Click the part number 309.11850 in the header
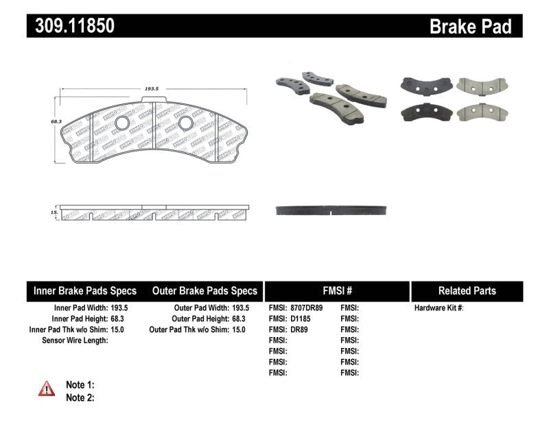pyautogui.click(x=70, y=26)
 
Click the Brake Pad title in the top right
pyautogui.click(x=470, y=26)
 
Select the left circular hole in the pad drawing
pyautogui.click(x=122, y=123)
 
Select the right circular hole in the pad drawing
pyautogui.click(x=185, y=123)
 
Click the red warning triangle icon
pyautogui.click(x=46, y=389)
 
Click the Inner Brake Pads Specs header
pyautogui.click(x=85, y=290)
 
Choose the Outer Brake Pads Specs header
pyautogui.click(x=204, y=290)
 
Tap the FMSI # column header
pyautogui.click(x=336, y=290)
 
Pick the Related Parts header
pyautogui.click(x=467, y=290)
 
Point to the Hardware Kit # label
pyautogui.click(x=439, y=308)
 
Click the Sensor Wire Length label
pyautogui.click(x=75, y=340)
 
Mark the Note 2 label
pyautogui.click(x=80, y=397)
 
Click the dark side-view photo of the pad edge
pyautogui.click(x=332, y=210)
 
